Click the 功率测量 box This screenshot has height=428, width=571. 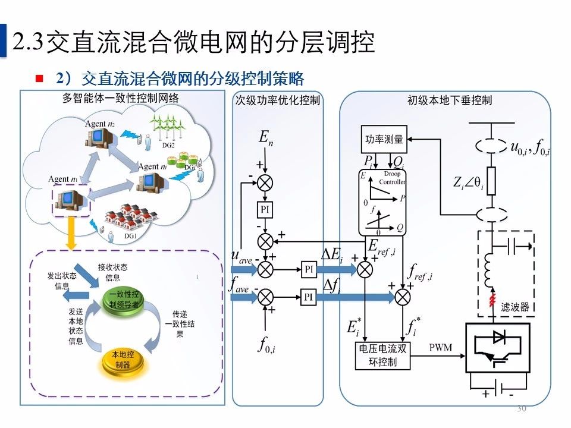click(x=384, y=140)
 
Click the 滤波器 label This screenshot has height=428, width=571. click(x=514, y=307)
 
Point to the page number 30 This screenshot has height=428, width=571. click(x=522, y=408)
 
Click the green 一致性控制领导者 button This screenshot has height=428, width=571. click(x=123, y=298)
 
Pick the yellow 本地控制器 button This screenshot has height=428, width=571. click(x=123, y=360)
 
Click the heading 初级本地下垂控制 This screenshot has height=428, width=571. click(x=450, y=100)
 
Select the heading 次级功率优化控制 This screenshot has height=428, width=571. click(x=277, y=100)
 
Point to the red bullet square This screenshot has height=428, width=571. click(x=40, y=78)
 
